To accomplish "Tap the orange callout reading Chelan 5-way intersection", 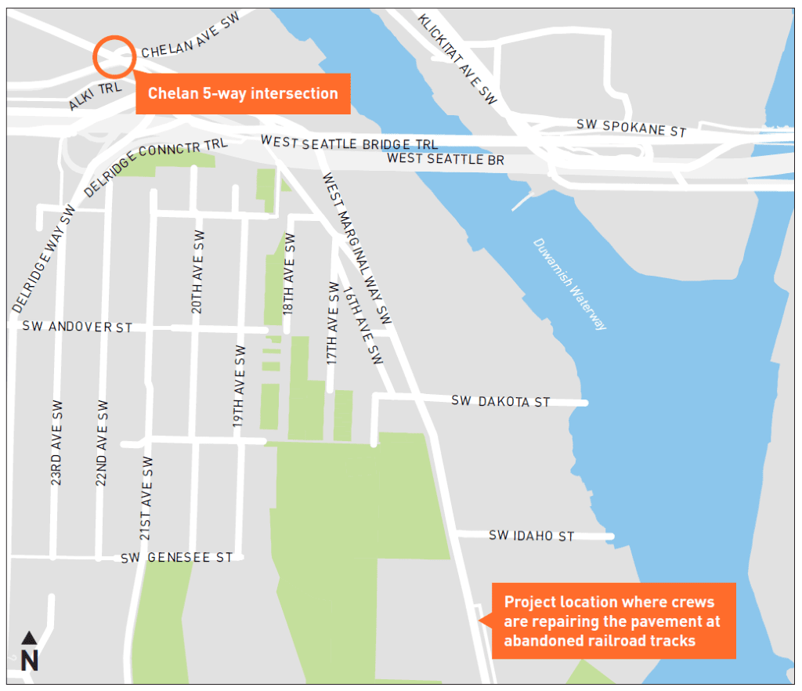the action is click(243, 94).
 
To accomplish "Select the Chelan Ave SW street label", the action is click(190, 38).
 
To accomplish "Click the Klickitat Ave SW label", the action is click(458, 59).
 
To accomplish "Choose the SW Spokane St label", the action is click(631, 128).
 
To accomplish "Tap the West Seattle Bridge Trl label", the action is click(349, 143).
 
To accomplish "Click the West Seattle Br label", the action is click(446, 160).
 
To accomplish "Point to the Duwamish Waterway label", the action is click(570, 284).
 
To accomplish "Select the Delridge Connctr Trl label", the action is click(155, 167).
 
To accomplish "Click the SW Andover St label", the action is click(78, 327).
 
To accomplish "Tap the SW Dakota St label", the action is click(500, 401).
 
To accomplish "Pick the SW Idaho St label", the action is click(532, 536).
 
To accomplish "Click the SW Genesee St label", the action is click(177, 558).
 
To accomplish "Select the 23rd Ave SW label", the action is click(57, 443).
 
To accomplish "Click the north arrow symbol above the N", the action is click(29, 639).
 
